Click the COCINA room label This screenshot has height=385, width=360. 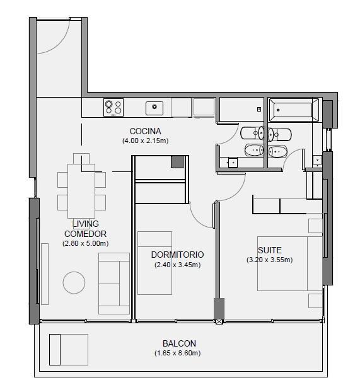145,131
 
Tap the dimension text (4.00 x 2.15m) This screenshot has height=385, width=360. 145,141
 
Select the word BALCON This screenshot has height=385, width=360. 179,343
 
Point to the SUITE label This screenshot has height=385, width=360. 270,250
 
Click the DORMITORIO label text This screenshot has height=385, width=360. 177,255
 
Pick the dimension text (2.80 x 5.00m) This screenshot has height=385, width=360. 86,243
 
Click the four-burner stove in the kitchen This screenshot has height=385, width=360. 113,107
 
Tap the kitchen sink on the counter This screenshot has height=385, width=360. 154,108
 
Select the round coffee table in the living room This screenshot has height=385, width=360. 74,283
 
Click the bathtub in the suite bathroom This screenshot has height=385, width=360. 294,110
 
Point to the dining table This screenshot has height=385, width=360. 81,191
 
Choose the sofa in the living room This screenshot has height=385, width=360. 114,284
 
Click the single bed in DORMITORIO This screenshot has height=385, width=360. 154,263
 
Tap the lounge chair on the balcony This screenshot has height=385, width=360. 69,349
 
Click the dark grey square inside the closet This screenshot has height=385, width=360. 177,162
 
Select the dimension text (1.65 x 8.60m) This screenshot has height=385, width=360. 177,353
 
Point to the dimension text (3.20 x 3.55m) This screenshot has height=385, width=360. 270,260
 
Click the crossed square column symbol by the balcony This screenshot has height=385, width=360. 219,321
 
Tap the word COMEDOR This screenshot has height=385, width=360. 85,234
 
